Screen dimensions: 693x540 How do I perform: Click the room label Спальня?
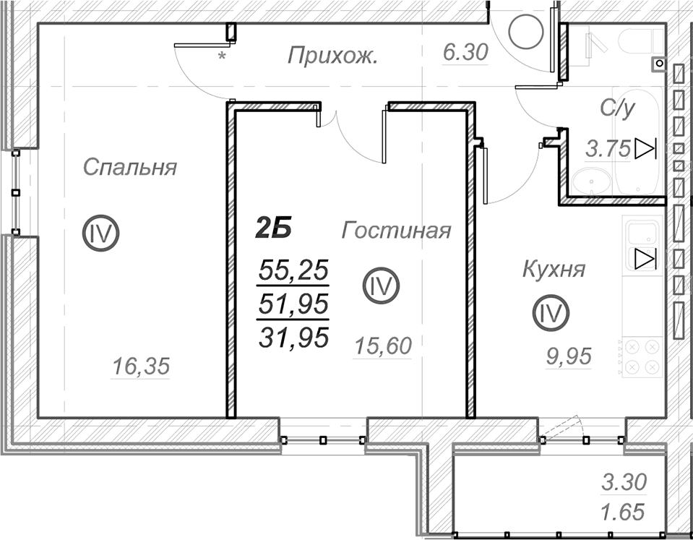coord(130,167)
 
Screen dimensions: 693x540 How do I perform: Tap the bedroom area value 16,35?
coord(141,367)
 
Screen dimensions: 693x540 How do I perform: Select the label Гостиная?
coord(396,231)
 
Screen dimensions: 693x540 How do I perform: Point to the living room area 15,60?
coord(383,346)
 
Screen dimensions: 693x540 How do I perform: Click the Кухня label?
coord(554,269)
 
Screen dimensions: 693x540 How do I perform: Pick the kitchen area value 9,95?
coord(569,356)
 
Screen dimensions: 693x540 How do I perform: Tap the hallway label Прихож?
coord(333,56)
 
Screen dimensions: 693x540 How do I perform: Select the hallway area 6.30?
coord(465,52)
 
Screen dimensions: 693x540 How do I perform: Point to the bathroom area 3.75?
coord(608,149)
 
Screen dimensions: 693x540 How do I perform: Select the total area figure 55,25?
coord(293,270)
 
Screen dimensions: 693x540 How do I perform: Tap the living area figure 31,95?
coord(293,337)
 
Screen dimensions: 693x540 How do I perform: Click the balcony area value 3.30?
coord(624,482)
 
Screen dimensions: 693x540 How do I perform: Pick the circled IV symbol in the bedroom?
coord(101,233)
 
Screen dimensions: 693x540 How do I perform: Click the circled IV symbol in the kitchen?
coord(551,313)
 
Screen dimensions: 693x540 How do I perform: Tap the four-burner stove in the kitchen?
coord(642,357)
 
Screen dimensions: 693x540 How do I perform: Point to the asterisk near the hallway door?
coord(223,56)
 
